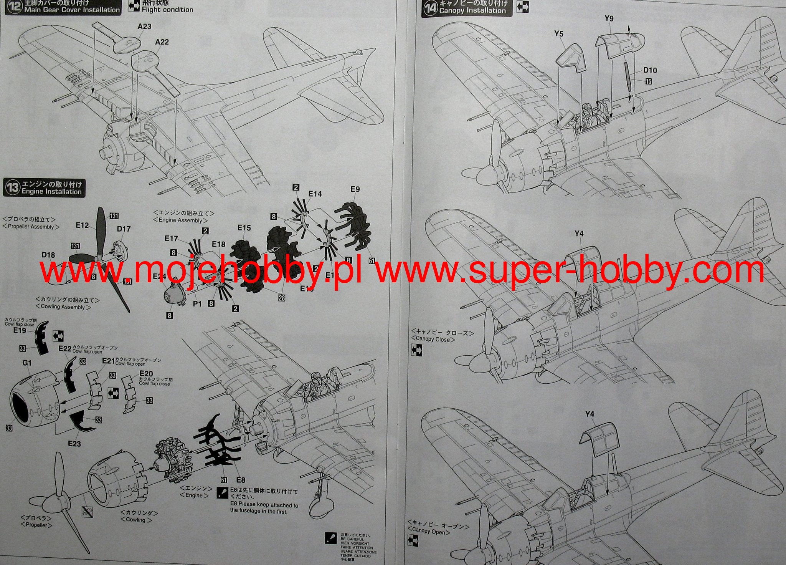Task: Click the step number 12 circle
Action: click(14, 7)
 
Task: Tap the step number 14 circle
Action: click(430, 8)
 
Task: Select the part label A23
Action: click(144, 27)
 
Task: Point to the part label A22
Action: click(162, 42)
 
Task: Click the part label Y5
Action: click(559, 34)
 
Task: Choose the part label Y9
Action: click(609, 18)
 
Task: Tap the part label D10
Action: click(650, 70)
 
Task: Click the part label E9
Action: click(355, 189)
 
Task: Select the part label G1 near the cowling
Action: click(27, 363)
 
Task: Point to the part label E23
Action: click(74, 444)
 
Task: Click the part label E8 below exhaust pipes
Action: click(241, 480)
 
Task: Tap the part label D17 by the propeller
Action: click(124, 229)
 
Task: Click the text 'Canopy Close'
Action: click(433, 339)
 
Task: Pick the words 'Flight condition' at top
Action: click(167, 10)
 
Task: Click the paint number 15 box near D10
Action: click(648, 81)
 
